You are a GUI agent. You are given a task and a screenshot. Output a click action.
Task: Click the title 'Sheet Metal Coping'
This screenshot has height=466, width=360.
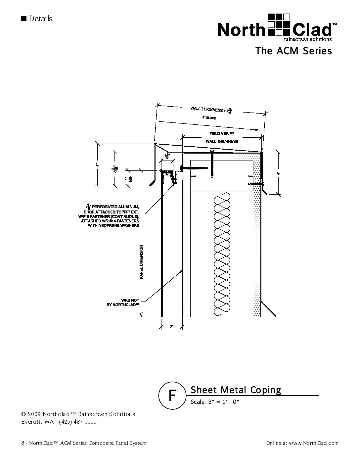(x=236, y=390)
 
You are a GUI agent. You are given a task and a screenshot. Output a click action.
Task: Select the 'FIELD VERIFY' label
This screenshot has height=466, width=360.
(x=222, y=133)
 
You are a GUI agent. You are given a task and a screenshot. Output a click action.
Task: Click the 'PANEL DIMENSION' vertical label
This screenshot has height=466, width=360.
(x=141, y=261)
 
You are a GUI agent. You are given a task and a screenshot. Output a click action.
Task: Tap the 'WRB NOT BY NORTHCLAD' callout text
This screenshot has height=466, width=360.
(x=122, y=303)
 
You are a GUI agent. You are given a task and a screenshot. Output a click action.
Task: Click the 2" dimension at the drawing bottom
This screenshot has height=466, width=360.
(x=172, y=327)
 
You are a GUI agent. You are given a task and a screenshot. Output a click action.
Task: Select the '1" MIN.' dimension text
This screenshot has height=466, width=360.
(x=128, y=178)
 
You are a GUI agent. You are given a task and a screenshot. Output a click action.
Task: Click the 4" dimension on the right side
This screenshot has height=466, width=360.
(x=278, y=173)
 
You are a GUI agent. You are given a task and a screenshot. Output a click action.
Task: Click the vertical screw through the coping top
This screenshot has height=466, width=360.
(x=212, y=164)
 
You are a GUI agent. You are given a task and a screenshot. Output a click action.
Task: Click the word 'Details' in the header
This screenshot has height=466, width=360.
(x=40, y=19)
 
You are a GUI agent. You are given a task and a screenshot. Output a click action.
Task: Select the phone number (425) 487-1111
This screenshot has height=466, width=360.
(x=77, y=422)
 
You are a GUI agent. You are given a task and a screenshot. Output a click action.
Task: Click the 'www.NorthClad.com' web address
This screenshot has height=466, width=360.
(x=314, y=443)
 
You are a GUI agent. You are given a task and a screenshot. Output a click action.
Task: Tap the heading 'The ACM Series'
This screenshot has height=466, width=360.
(x=293, y=51)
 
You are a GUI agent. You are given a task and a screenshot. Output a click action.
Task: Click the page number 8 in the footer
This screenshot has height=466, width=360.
(x=23, y=443)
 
